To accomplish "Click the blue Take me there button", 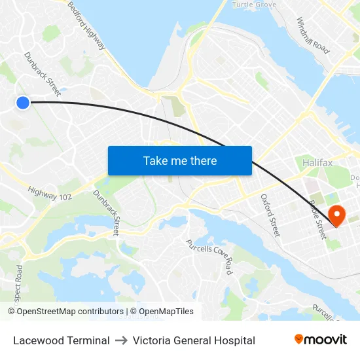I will click(x=179, y=160).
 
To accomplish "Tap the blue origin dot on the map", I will click(x=23, y=102).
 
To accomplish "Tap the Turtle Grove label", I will click(x=254, y=5).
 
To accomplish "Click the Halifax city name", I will click(x=319, y=162).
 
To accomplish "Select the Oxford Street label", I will click(x=270, y=215).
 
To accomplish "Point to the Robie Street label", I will click(x=317, y=219).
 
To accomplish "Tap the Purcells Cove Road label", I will click(x=209, y=256).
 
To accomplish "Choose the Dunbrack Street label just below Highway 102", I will click(x=107, y=212).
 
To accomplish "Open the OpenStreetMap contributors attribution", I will click(x=65, y=312).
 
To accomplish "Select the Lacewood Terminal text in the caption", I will click(x=62, y=340).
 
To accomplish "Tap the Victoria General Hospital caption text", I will click(x=194, y=340).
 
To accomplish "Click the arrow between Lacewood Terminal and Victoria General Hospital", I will click(x=121, y=340).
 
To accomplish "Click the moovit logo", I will click(x=321, y=339).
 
